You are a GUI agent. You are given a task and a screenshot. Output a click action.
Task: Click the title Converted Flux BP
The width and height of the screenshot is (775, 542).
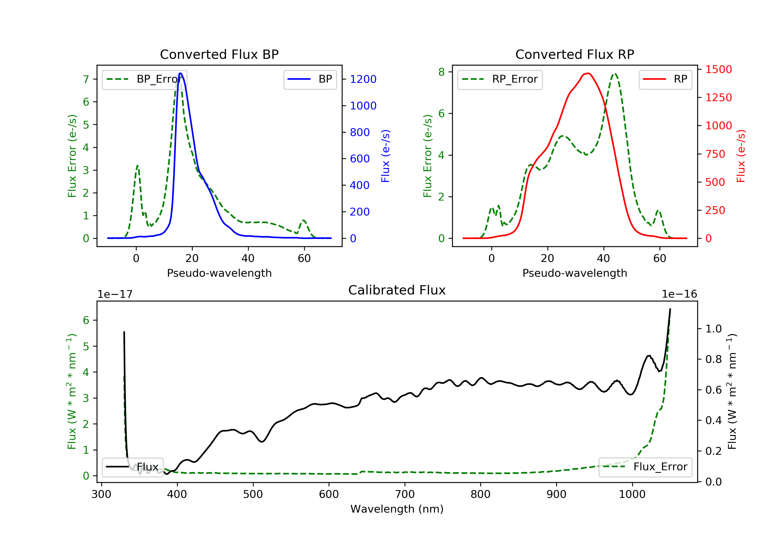point(219,54)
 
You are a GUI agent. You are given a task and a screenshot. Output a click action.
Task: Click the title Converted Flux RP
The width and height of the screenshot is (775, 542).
point(575,54)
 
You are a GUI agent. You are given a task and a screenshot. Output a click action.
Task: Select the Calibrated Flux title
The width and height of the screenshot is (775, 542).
point(397,290)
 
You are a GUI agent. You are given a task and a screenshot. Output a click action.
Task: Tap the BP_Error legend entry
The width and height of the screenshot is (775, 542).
point(144,79)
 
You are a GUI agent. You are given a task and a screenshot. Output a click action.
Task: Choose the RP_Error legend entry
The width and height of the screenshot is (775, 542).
point(500,79)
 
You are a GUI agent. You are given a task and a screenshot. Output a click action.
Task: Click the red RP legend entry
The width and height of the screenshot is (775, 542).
point(665,79)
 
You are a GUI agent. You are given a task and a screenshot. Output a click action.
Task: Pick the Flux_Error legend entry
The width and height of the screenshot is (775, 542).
point(645,467)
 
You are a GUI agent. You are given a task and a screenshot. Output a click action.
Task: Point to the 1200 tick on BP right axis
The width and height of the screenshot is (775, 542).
point(363,79)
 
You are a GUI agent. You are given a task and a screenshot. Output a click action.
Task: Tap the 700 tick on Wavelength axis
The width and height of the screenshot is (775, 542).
point(405,495)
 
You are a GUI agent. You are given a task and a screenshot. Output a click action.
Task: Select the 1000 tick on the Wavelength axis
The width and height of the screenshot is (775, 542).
point(632,495)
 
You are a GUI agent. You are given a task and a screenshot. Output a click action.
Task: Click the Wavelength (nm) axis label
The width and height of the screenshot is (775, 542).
point(397,509)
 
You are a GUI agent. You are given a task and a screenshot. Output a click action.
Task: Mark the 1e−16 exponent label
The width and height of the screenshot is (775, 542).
point(679,294)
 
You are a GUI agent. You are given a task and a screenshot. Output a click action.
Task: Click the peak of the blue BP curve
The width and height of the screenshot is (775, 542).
point(181,73)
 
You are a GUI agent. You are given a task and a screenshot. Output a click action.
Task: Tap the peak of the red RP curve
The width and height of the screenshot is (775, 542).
point(588,73)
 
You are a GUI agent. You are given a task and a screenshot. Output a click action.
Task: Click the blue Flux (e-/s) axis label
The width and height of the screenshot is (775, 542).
point(385,156)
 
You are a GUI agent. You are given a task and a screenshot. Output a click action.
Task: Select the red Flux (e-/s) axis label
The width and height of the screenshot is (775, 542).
point(741,156)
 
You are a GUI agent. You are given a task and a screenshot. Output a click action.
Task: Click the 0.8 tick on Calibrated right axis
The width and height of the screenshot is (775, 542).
point(713,359)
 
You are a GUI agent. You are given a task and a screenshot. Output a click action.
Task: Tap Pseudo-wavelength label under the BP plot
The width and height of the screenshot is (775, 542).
point(219,273)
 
